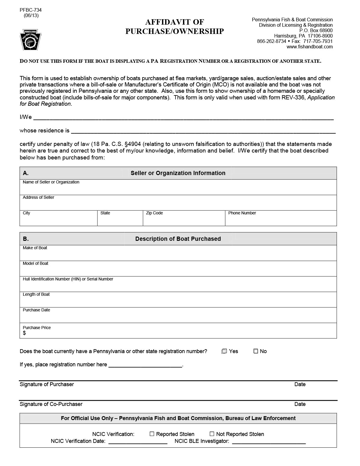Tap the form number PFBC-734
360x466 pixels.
[x=31, y=10]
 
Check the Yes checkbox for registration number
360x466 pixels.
[x=224, y=351]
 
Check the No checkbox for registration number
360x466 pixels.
[x=256, y=351]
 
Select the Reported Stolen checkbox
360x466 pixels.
[x=152, y=434]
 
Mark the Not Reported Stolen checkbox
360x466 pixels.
[x=212, y=434]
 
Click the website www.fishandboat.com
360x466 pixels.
[x=309, y=47]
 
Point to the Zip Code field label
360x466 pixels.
[x=154, y=213]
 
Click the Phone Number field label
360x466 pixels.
[x=242, y=213]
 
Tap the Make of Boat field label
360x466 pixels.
[x=35, y=248]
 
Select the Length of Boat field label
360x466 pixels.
[x=36, y=295]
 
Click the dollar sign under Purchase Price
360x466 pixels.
[x=24, y=333]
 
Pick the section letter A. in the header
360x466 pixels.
[x=26, y=173]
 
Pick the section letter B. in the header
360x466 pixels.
[x=26, y=239]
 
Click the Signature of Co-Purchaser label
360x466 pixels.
[x=51, y=404]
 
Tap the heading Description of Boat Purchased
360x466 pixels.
[x=178, y=239]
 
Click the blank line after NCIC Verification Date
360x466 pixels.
[x=138, y=442]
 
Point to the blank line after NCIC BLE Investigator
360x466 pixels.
[x=269, y=442]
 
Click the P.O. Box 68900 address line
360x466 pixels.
[x=316, y=31]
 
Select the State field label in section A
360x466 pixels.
[x=105, y=213]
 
